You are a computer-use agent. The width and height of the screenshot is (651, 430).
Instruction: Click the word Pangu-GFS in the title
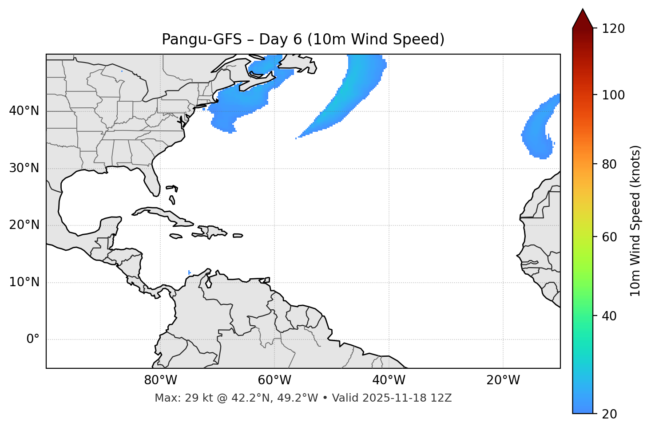point(202,39)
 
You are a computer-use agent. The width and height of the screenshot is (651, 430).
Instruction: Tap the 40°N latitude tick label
point(24,111)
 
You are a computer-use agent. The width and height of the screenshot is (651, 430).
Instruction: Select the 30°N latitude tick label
point(24,168)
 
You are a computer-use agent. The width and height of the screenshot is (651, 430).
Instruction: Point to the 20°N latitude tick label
point(24,225)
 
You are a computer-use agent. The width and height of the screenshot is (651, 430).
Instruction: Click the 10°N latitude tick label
point(24,282)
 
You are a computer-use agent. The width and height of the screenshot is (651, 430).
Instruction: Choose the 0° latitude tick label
point(32,339)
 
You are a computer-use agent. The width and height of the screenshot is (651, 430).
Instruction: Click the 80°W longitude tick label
point(160,380)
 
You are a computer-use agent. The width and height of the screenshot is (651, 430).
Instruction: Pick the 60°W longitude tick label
point(274,380)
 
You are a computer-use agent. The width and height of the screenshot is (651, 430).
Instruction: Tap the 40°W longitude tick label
point(389,380)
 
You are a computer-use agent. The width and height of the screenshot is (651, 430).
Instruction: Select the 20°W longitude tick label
point(503,380)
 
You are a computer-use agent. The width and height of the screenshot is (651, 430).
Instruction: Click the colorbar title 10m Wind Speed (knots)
point(635,221)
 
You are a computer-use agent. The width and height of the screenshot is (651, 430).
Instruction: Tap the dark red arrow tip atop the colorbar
point(583,18)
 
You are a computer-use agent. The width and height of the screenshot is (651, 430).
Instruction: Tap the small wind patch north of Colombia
point(190,272)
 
